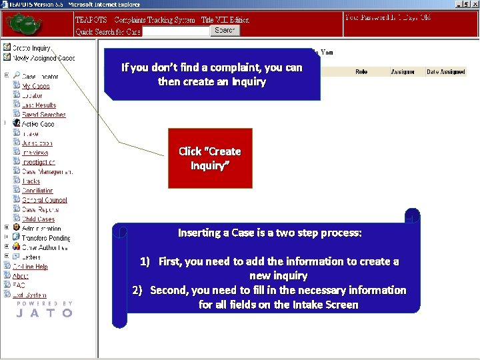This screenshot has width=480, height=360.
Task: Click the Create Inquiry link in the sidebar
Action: coord(31,48)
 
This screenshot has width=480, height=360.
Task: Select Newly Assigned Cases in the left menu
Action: coord(43,58)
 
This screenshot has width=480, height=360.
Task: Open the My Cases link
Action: coord(35,86)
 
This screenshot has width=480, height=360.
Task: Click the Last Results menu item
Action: coord(39,105)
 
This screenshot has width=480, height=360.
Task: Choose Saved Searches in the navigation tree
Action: coord(43,115)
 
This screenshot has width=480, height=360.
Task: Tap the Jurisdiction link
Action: coord(37,143)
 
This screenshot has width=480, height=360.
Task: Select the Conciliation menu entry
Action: coord(37,191)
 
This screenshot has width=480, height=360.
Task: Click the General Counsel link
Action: coord(44,200)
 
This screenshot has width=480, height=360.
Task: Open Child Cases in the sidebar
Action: coord(38,219)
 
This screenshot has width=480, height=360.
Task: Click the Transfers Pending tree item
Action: coord(45,238)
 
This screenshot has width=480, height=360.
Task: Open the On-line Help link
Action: coord(30,267)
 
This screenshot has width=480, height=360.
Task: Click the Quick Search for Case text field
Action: coord(176,31)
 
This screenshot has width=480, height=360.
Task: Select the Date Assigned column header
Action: coord(446,72)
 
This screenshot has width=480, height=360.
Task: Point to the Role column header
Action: coord(361,72)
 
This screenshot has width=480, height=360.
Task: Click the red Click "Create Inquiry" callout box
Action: coord(210,159)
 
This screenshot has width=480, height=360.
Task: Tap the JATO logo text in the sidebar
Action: coord(44,312)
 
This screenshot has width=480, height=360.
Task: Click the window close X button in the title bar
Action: coord(475,4)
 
